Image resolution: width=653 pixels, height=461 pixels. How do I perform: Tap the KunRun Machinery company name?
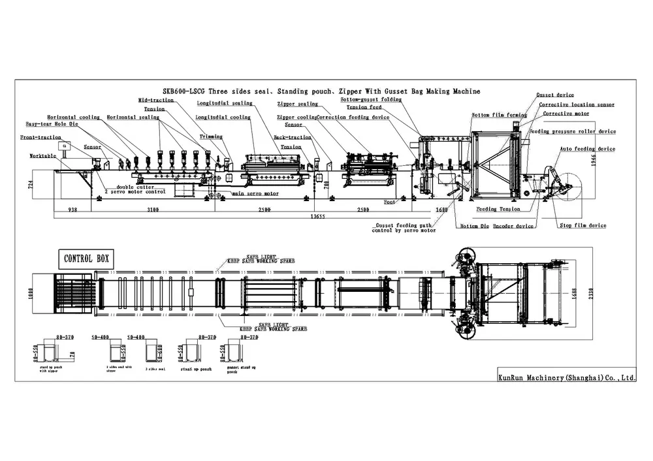click(566, 377)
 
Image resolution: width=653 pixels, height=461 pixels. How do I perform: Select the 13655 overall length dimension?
click(318, 215)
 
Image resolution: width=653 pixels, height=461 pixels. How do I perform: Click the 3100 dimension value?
click(152, 210)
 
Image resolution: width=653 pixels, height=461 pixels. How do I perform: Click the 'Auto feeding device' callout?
click(587, 149)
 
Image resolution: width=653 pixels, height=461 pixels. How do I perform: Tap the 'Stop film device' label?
click(583, 226)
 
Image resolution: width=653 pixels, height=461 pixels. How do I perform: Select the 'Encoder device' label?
click(513, 226)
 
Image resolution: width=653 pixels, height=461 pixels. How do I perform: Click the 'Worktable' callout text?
click(42, 156)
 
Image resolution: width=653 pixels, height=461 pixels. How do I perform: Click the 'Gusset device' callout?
click(555, 95)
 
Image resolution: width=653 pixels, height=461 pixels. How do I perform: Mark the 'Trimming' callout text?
click(211, 137)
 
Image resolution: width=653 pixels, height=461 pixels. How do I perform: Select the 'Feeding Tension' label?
click(498, 209)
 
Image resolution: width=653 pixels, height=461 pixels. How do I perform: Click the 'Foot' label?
click(389, 202)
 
